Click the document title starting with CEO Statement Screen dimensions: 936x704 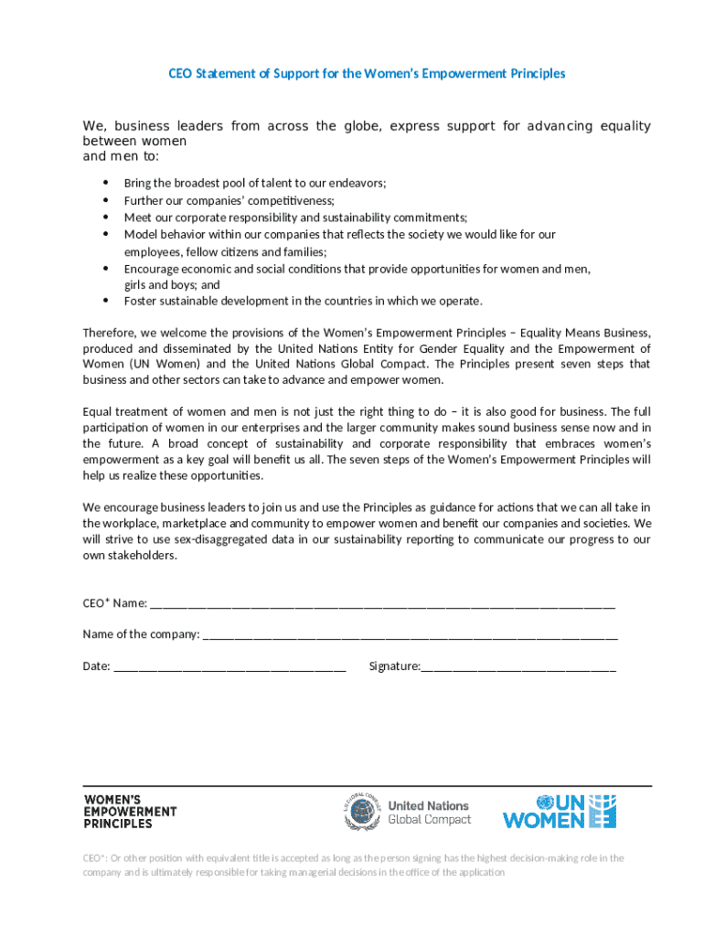tap(367, 73)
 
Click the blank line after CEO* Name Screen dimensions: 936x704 tap(382, 604)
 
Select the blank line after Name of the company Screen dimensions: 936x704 tap(410, 635)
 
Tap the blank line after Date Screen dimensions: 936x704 tap(229, 667)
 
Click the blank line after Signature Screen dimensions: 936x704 tap(518, 667)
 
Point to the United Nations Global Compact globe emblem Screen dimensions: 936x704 tap(362, 812)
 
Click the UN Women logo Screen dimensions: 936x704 tap(559, 812)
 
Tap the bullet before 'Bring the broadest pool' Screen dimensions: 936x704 tap(106, 183)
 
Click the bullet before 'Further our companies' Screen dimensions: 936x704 tap(106, 200)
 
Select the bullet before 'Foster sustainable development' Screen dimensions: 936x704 tap(106, 301)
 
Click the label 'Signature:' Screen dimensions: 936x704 tap(394, 666)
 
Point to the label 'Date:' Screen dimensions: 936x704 tap(97, 666)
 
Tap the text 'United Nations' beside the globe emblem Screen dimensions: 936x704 tap(428, 805)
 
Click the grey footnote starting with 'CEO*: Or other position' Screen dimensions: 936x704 tap(353, 865)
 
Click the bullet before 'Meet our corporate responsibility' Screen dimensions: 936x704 tap(106, 218)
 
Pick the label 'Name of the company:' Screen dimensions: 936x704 tap(141, 634)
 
